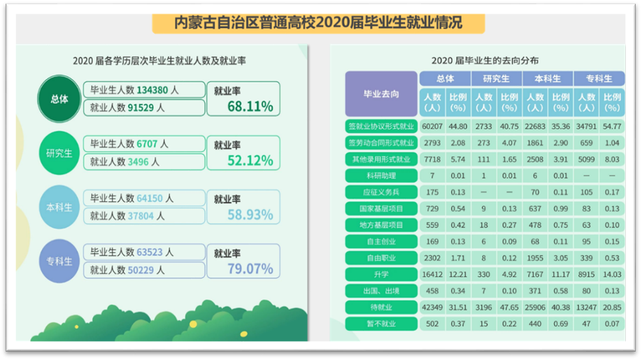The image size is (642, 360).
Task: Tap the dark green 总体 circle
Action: click(x=59, y=99)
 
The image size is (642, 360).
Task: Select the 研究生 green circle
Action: click(x=59, y=153)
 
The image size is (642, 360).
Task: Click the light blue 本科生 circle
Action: click(x=59, y=208)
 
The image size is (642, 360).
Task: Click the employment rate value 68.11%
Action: click(x=250, y=107)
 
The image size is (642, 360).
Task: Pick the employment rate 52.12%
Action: click(x=250, y=161)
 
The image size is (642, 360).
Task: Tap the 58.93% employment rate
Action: click(x=250, y=215)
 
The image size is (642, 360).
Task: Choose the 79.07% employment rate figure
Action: click(x=250, y=268)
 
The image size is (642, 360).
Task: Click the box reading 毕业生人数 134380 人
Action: click(x=143, y=90)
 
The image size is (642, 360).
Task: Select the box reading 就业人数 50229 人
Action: click(x=143, y=269)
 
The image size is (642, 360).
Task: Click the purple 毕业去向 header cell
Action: click(x=381, y=94)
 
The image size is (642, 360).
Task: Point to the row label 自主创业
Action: click(x=381, y=242)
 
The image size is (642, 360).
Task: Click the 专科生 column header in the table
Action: click(x=598, y=79)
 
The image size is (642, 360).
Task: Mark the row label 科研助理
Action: click(x=381, y=175)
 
